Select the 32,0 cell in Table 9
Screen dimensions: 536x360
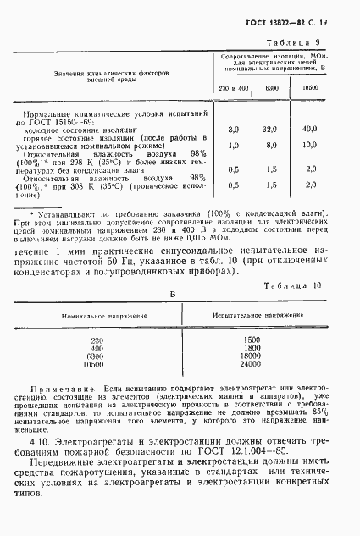click(271, 129)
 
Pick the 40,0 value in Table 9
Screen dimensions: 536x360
click(310, 129)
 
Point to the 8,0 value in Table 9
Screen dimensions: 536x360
click(271, 145)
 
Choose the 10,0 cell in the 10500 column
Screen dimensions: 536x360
click(310, 145)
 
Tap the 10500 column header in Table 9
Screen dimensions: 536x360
click(310, 88)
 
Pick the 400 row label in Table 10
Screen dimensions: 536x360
click(96, 348)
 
